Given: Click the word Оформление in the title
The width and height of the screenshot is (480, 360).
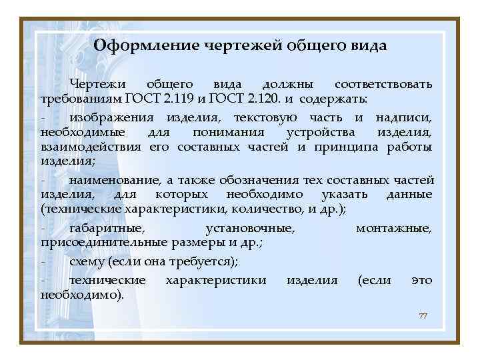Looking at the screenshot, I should [x=135, y=46].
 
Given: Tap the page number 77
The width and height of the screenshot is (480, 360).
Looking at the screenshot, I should [x=422, y=315].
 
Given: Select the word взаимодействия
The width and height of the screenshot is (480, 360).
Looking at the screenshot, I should [x=91, y=147].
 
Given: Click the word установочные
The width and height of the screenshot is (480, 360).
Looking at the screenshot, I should [x=251, y=228].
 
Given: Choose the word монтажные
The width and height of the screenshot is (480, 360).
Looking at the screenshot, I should [x=393, y=228].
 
